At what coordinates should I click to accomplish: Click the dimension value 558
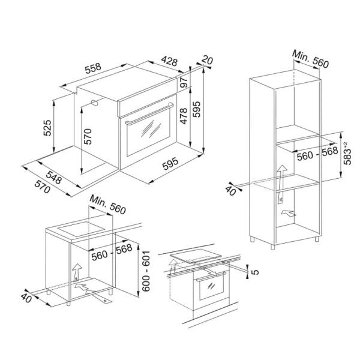[93, 68]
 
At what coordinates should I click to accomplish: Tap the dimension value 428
[169, 61]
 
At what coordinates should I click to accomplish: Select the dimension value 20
[208, 61]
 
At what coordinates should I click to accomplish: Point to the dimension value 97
[184, 82]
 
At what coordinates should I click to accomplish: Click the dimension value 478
[184, 116]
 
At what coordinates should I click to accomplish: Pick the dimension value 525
[47, 128]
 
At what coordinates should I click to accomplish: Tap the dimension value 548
[54, 177]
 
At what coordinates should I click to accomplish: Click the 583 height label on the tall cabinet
[347, 154]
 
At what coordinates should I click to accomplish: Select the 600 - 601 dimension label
[146, 271]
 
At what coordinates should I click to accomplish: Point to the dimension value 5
[255, 272]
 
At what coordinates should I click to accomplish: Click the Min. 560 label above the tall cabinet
[310, 59]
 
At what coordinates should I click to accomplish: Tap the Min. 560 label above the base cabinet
[107, 205]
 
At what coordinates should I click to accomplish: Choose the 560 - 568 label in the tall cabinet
[317, 154]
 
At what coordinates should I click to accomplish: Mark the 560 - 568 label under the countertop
[112, 253]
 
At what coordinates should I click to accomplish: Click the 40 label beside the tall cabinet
[230, 190]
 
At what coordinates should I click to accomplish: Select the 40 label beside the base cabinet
[26, 298]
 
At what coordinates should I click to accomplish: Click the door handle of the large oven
[149, 114]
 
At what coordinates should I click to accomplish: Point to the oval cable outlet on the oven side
[95, 103]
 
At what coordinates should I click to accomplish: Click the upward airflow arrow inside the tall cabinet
[281, 184]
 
